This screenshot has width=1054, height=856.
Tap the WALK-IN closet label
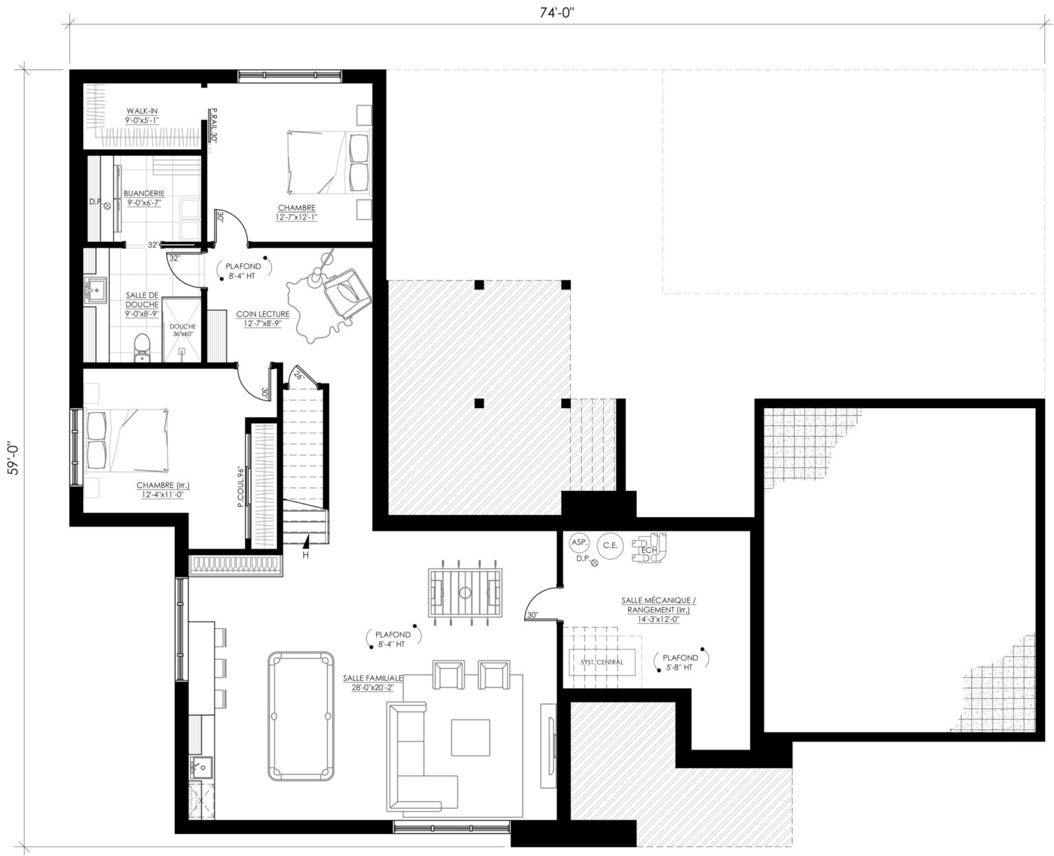[143, 115]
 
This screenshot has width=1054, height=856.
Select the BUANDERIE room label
[143, 198]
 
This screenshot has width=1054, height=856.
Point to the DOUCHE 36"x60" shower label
[183, 330]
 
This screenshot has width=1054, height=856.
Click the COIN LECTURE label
[263, 318]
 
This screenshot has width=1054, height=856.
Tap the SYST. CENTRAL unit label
[602, 662]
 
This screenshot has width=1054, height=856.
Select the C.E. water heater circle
[609, 546]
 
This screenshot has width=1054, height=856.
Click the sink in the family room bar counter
[202, 765]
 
